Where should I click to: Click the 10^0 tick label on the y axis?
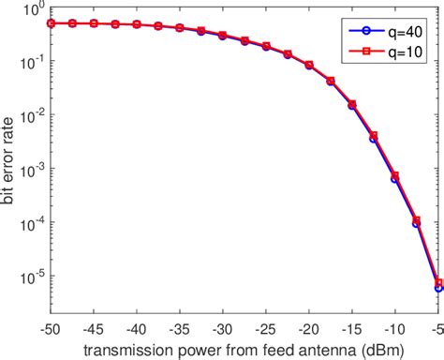(33, 11)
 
